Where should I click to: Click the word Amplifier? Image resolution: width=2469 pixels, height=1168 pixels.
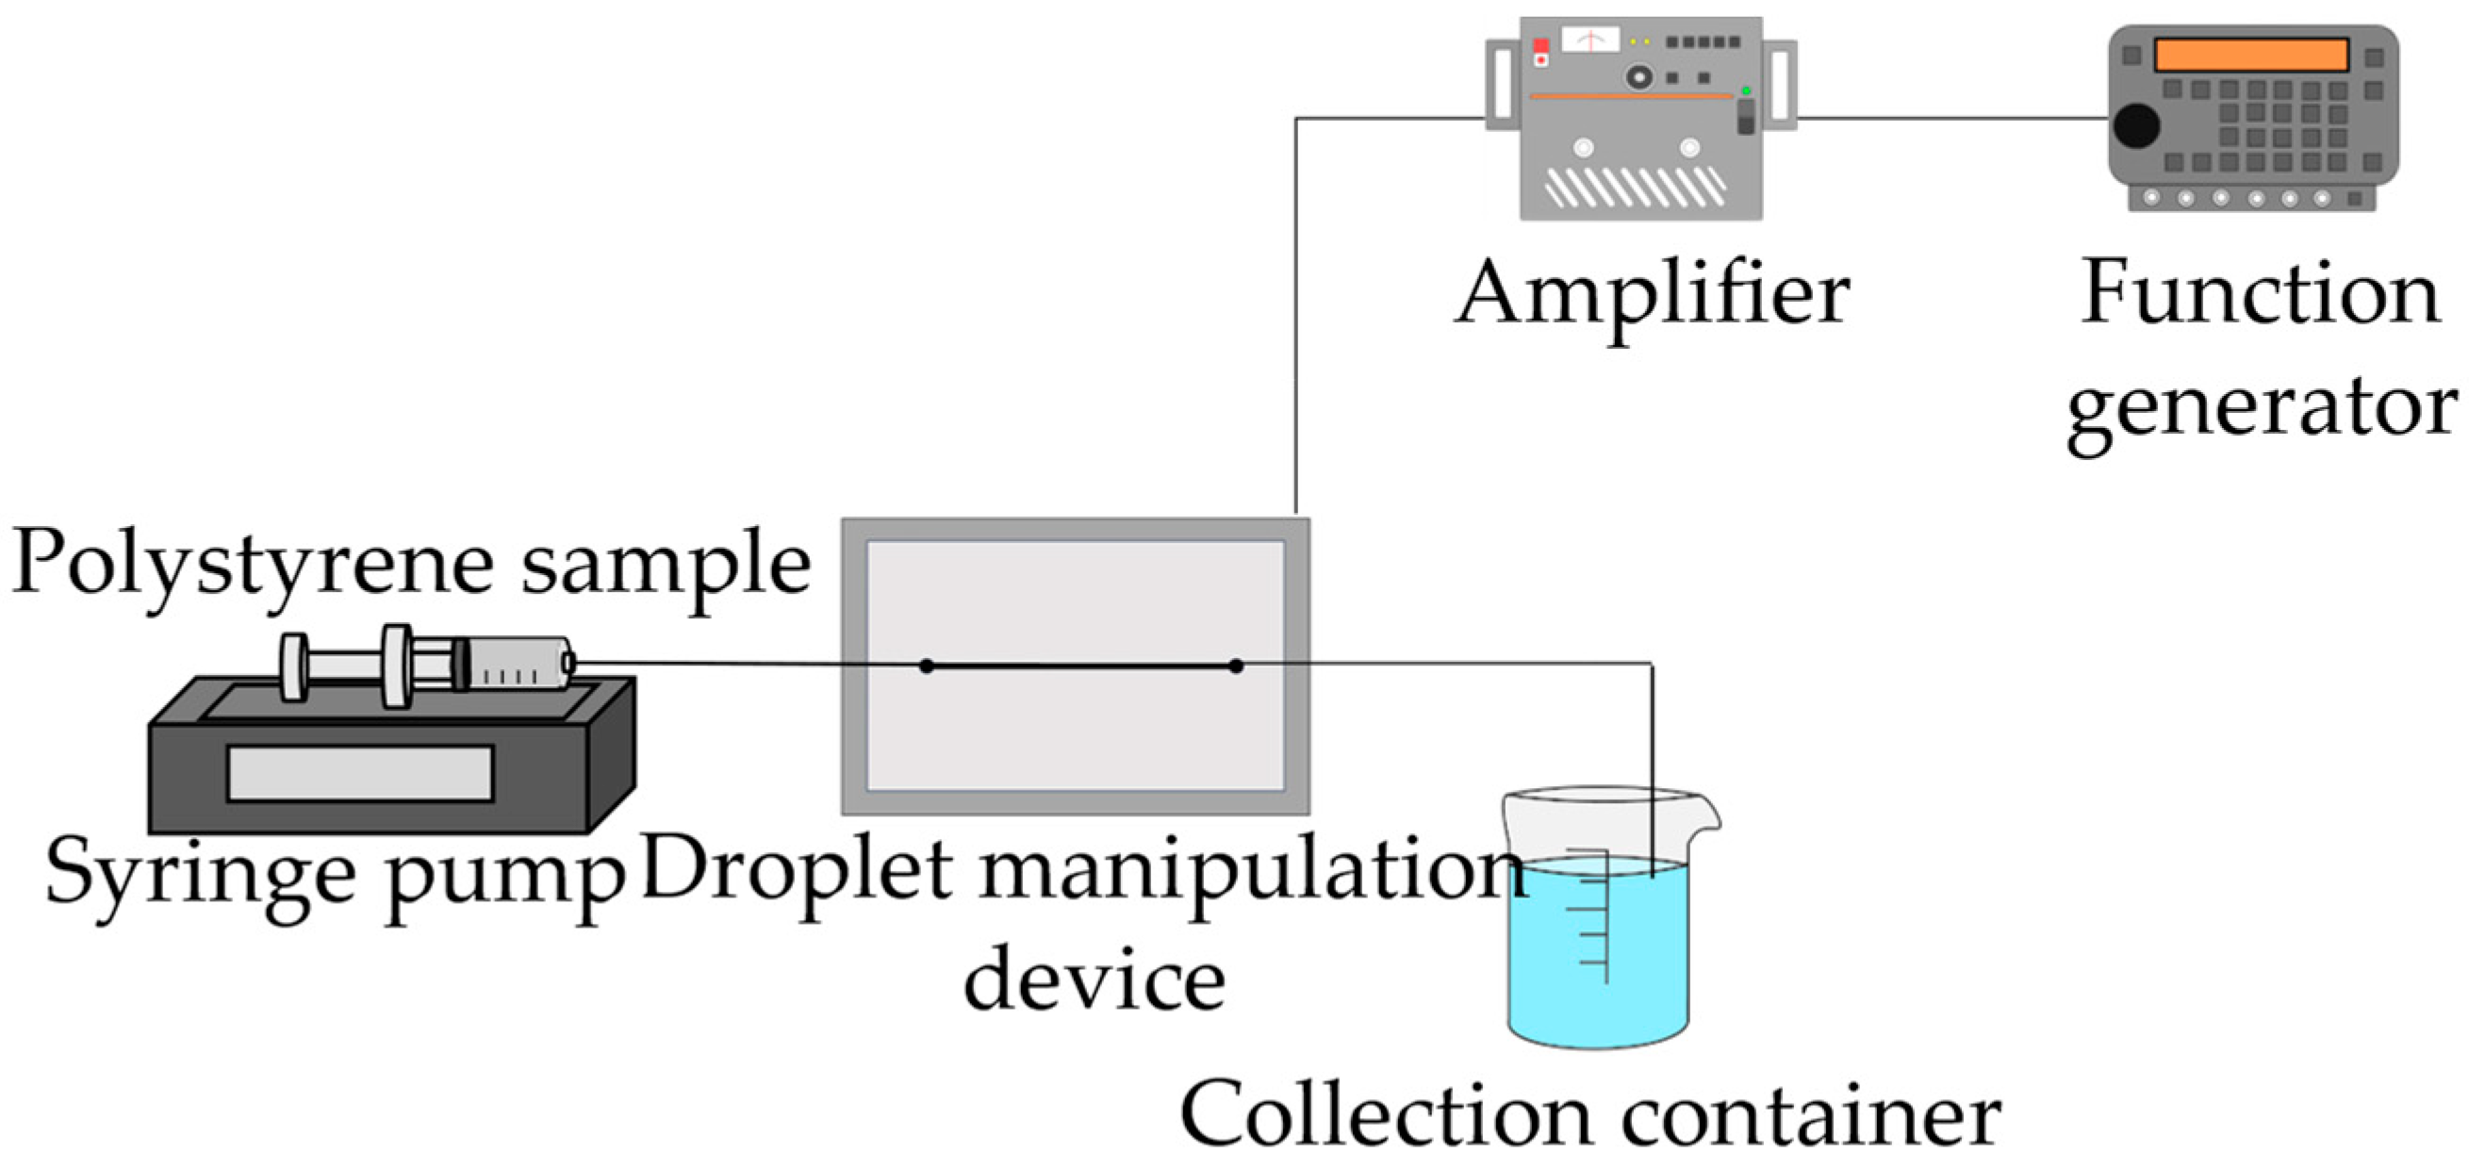pos(1653,294)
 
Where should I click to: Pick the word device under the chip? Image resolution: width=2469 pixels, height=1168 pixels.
pos(1094,979)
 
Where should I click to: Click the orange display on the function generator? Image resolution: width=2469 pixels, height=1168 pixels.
pos(2250,55)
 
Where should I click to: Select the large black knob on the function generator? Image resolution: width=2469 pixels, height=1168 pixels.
pos(2136,125)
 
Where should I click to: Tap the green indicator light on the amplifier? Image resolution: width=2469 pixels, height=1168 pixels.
pos(1745,91)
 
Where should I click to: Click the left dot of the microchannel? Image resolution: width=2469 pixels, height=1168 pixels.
pos(926,665)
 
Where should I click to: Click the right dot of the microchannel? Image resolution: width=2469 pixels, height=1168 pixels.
pos(1236,665)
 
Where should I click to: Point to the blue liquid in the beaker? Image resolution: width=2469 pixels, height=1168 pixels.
pos(1598,968)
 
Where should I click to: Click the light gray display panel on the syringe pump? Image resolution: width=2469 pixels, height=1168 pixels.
pos(359,773)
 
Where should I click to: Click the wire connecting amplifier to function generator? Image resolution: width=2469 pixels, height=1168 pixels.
pos(1951,119)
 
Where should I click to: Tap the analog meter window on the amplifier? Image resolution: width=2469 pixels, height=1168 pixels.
pos(1590,41)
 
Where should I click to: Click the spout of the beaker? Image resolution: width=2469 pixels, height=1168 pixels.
pos(1707,814)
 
